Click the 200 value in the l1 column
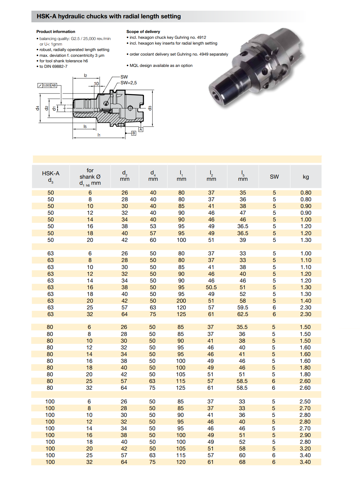[x=181, y=300]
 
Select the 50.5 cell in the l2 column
[x=211, y=287]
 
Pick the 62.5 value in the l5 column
[x=243, y=314]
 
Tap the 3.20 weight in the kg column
[x=305, y=448]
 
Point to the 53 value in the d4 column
[x=153, y=226]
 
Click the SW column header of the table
[x=274, y=177]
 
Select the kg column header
[x=306, y=177]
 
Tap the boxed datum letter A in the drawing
[x=141, y=129]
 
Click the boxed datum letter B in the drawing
[x=134, y=133]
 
